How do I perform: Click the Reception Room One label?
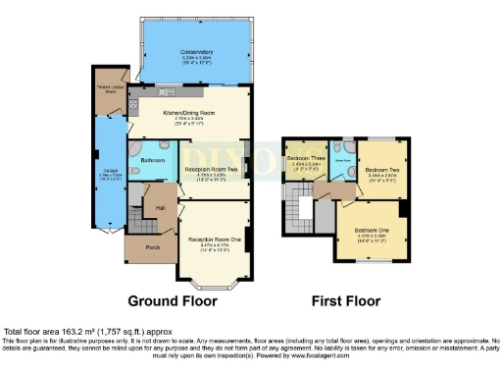tap(215, 239)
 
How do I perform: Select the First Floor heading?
tap(346, 301)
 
